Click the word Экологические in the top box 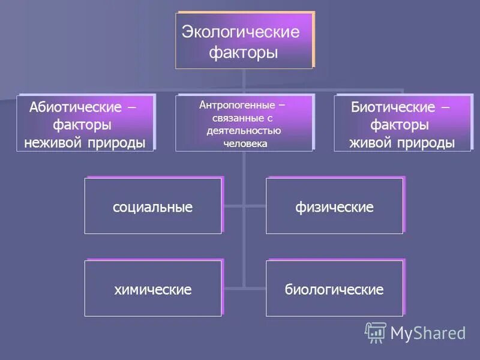coord(240,32)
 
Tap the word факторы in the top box coord(244,53)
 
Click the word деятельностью coord(243,131)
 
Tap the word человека coord(243,143)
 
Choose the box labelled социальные coord(153,206)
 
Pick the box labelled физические coord(334,206)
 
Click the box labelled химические coord(153,289)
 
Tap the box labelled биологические coord(334,289)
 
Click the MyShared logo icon coord(376,332)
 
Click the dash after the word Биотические coord(445,107)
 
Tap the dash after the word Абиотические coord(131,107)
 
